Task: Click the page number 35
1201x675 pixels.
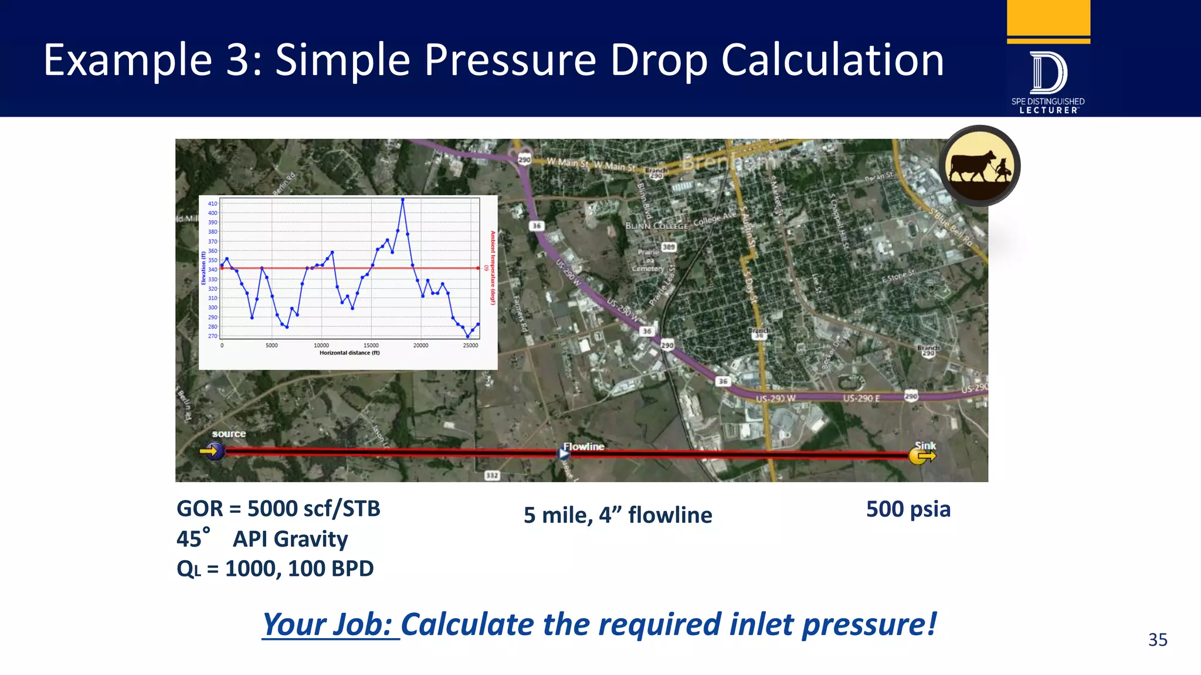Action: [x=1157, y=639]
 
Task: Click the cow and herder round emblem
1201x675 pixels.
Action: [x=979, y=166]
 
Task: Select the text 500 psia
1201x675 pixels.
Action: [x=908, y=509]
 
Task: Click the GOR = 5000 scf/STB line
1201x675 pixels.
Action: [x=279, y=509]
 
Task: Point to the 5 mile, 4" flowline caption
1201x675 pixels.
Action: [x=618, y=515]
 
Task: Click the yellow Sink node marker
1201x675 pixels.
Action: [x=920, y=456]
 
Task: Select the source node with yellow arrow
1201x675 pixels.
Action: [x=213, y=451]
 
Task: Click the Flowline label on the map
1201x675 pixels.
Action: [x=583, y=446]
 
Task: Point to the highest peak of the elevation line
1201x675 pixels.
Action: [x=402, y=200]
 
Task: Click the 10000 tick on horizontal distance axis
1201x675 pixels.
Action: [x=321, y=346]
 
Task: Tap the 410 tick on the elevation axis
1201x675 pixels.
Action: [x=212, y=203]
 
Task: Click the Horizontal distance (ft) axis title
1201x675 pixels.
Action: [x=350, y=353]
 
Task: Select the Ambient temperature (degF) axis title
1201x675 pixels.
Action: [x=493, y=268]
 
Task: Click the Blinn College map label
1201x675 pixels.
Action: [x=656, y=226]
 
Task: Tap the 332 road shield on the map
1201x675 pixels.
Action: [x=492, y=475]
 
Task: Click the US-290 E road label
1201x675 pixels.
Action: [x=861, y=398]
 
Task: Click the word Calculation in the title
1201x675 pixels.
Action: [x=832, y=60]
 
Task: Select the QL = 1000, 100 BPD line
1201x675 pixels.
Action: [x=275, y=568]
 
